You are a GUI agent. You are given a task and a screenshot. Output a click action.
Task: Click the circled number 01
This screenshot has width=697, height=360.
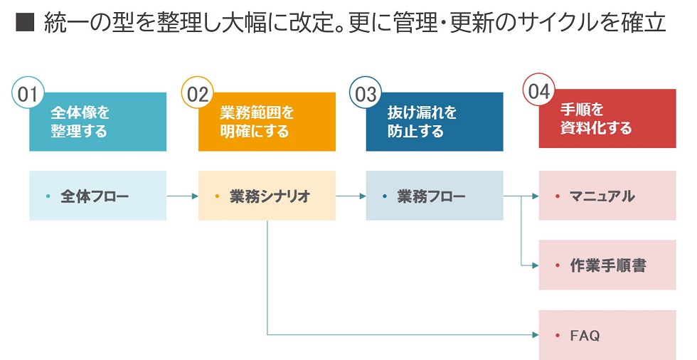(x=28, y=93)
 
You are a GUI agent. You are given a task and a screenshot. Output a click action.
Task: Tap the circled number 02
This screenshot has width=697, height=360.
(x=198, y=93)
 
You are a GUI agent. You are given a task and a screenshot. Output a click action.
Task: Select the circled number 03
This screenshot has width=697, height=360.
(x=366, y=93)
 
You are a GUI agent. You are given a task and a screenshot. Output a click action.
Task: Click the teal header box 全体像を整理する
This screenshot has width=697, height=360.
(x=98, y=122)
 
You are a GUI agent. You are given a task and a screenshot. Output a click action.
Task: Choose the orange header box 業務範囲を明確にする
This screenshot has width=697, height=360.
(x=267, y=122)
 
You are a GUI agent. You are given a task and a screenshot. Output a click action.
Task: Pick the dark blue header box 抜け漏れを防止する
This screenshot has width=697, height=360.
(x=435, y=122)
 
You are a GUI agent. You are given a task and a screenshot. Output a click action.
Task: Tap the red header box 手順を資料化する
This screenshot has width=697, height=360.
(x=607, y=119)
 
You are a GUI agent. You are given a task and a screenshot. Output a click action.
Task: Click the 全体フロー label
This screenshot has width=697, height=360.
(x=95, y=196)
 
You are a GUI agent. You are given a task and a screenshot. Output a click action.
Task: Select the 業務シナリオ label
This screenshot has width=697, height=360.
(x=270, y=196)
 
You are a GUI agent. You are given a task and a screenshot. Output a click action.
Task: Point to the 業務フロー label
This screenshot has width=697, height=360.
(x=431, y=196)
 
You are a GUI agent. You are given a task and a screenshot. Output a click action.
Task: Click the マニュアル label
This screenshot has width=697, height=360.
(x=602, y=196)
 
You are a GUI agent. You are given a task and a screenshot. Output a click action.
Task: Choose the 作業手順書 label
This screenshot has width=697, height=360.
(x=607, y=265)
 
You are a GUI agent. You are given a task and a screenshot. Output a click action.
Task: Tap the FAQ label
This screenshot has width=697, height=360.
(x=585, y=335)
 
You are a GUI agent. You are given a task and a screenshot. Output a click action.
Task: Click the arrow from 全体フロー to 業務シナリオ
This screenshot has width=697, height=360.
(x=183, y=196)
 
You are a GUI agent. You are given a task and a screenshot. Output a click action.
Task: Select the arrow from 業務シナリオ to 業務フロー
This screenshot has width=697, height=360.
(x=351, y=196)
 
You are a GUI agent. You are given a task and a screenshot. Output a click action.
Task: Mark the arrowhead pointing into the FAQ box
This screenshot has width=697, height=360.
(x=536, y=334)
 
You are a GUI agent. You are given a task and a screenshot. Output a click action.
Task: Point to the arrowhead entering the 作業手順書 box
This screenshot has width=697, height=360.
(x=536, y=265)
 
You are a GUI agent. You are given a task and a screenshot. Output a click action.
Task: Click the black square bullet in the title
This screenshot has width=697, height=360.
(x=25, y=22)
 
